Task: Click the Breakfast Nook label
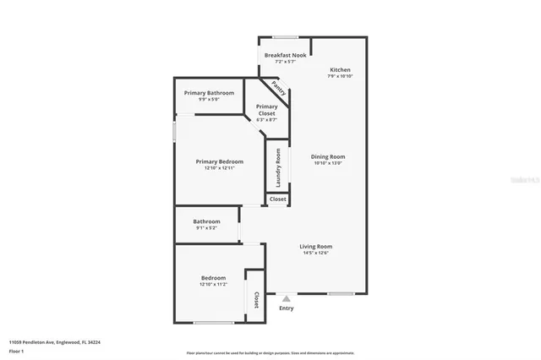(x=284, y=55)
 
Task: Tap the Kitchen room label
(x=340, y=69)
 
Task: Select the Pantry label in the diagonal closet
(x=277, y=87)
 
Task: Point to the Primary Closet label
(x=266, y=109)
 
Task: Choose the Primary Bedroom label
(x=219, y=161)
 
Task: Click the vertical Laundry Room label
(x=277, y=168)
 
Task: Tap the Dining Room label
(x=329, y=156)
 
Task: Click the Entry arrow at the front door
(x=287, y=297)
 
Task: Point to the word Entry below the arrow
(x=287, y=308)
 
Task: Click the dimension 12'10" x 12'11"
(x=219, y=168)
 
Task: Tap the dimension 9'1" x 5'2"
(x=206, y=228)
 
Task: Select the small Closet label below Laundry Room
(x=277, y=199)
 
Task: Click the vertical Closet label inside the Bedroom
(x=256, y=299)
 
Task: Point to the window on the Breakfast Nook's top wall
(x=284, y=36)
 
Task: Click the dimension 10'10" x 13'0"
(x=329, y=163)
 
